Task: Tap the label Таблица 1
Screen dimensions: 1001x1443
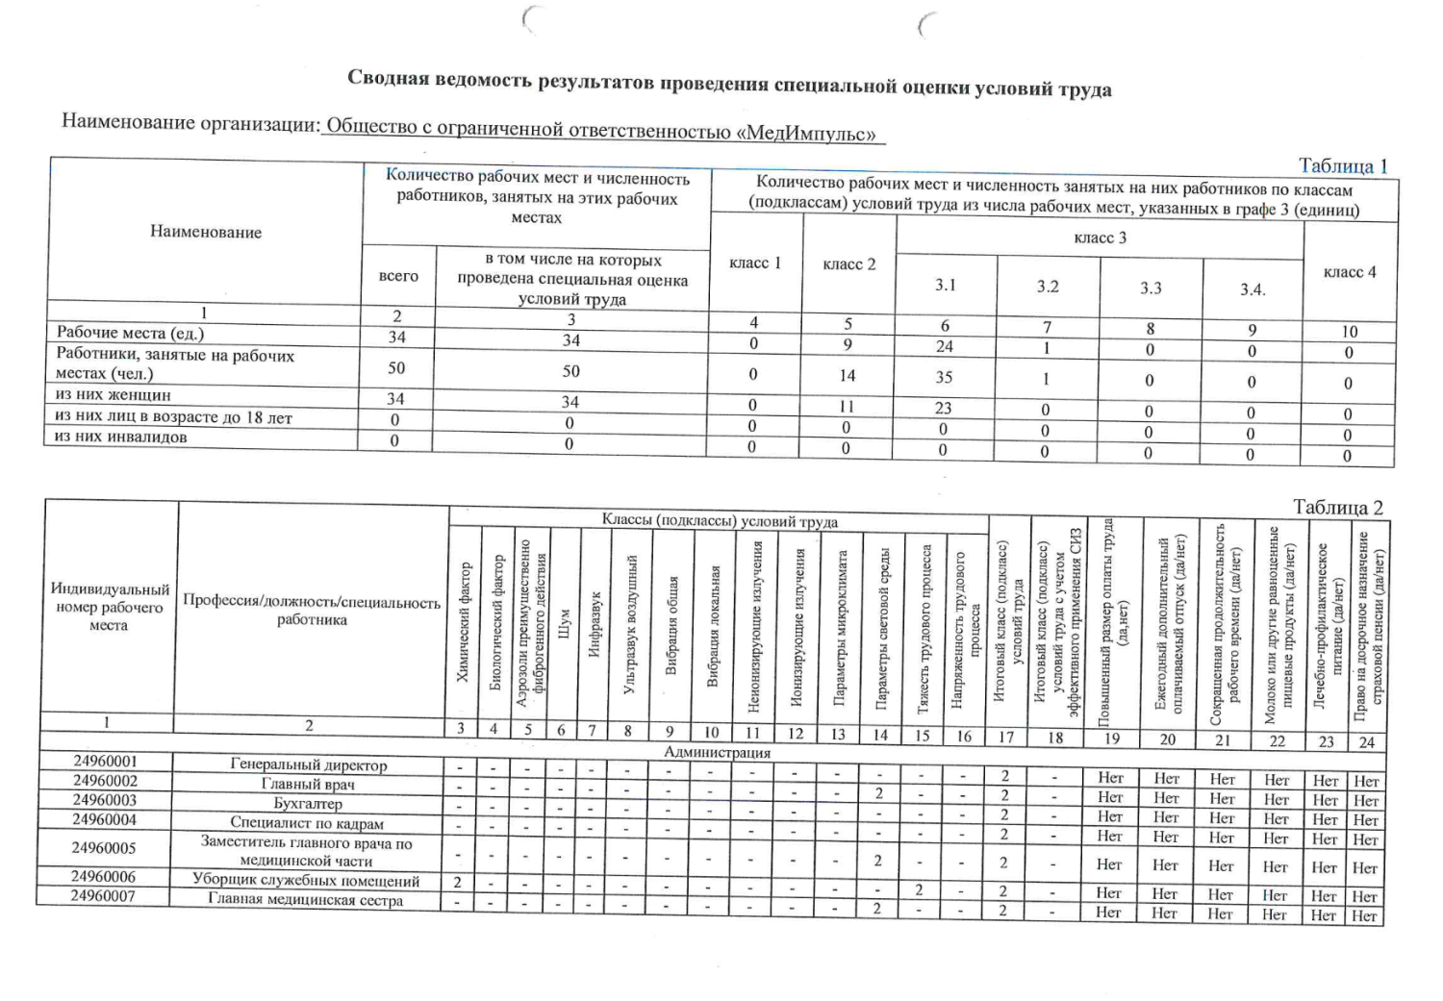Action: point(1342,165)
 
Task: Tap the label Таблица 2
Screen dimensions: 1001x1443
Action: point(1337,507)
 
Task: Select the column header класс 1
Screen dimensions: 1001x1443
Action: point(755,263)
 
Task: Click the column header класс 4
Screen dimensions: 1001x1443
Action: point(1350,272)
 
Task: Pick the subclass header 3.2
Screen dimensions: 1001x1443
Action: point(1048,287)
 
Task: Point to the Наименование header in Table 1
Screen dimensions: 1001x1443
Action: point(205,232)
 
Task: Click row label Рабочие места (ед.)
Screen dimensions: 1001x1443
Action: point(130,333)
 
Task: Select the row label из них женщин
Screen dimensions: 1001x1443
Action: point(113,394)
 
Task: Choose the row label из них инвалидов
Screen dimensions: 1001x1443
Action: point(121,437)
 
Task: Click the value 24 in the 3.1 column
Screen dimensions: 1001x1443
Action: point(945,346)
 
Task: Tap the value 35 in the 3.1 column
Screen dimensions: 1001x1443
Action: point(944,377)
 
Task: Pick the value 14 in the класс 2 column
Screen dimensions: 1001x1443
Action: point(848,376)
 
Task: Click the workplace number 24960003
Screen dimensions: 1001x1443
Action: point(105,800)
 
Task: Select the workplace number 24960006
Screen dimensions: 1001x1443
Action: point(105,877)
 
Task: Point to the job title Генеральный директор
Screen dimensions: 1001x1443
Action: point(308,765)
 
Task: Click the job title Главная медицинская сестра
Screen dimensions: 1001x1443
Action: point(305,901)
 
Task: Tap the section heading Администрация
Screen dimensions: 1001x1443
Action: point(717,752)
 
